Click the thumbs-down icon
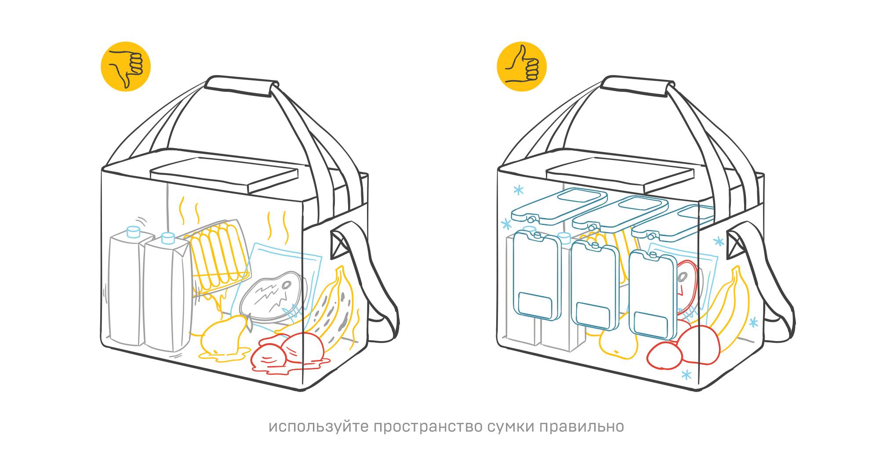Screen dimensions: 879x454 pos(126,66)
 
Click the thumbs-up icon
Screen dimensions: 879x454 pos(522,66)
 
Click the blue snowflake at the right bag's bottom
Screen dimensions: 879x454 pos(686,375)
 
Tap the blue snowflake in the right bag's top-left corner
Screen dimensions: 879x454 pos(519,190)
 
